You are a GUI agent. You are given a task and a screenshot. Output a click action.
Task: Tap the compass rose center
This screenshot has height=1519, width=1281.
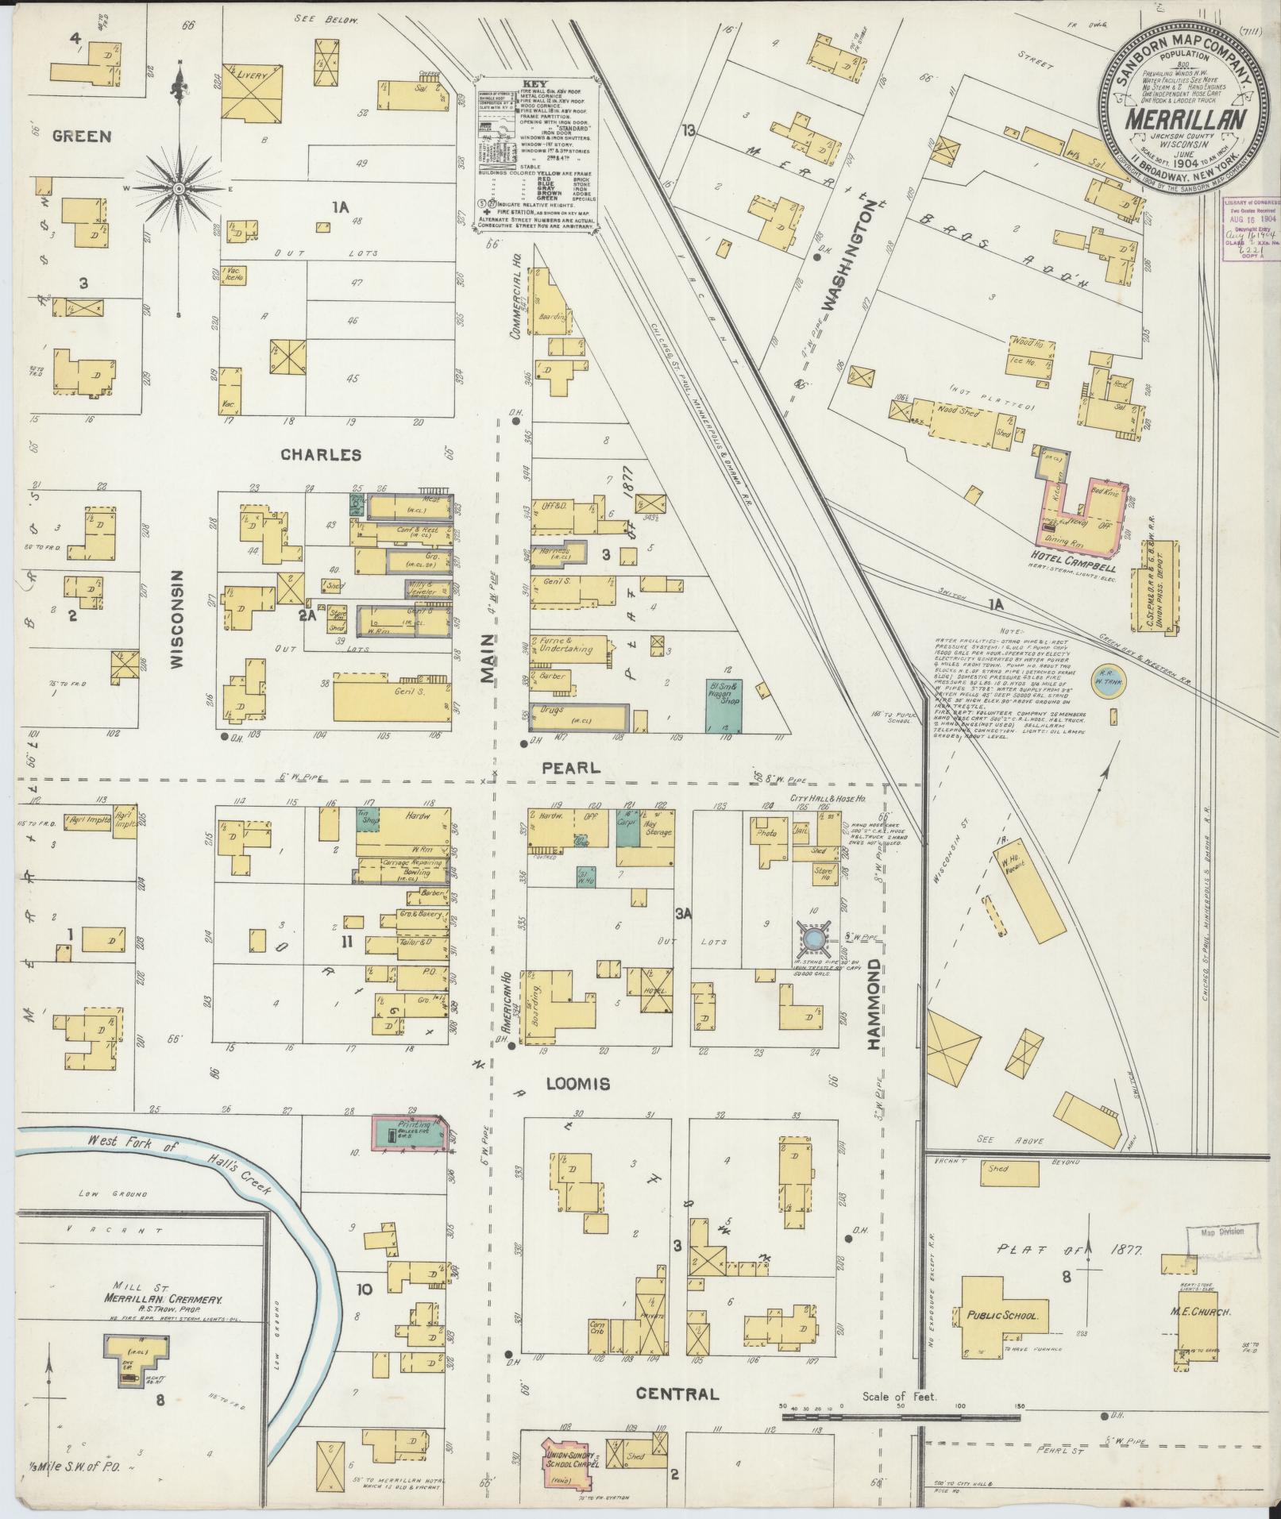point(179,188)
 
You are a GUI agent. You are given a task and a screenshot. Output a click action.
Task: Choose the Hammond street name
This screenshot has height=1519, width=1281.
point(874,1004)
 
